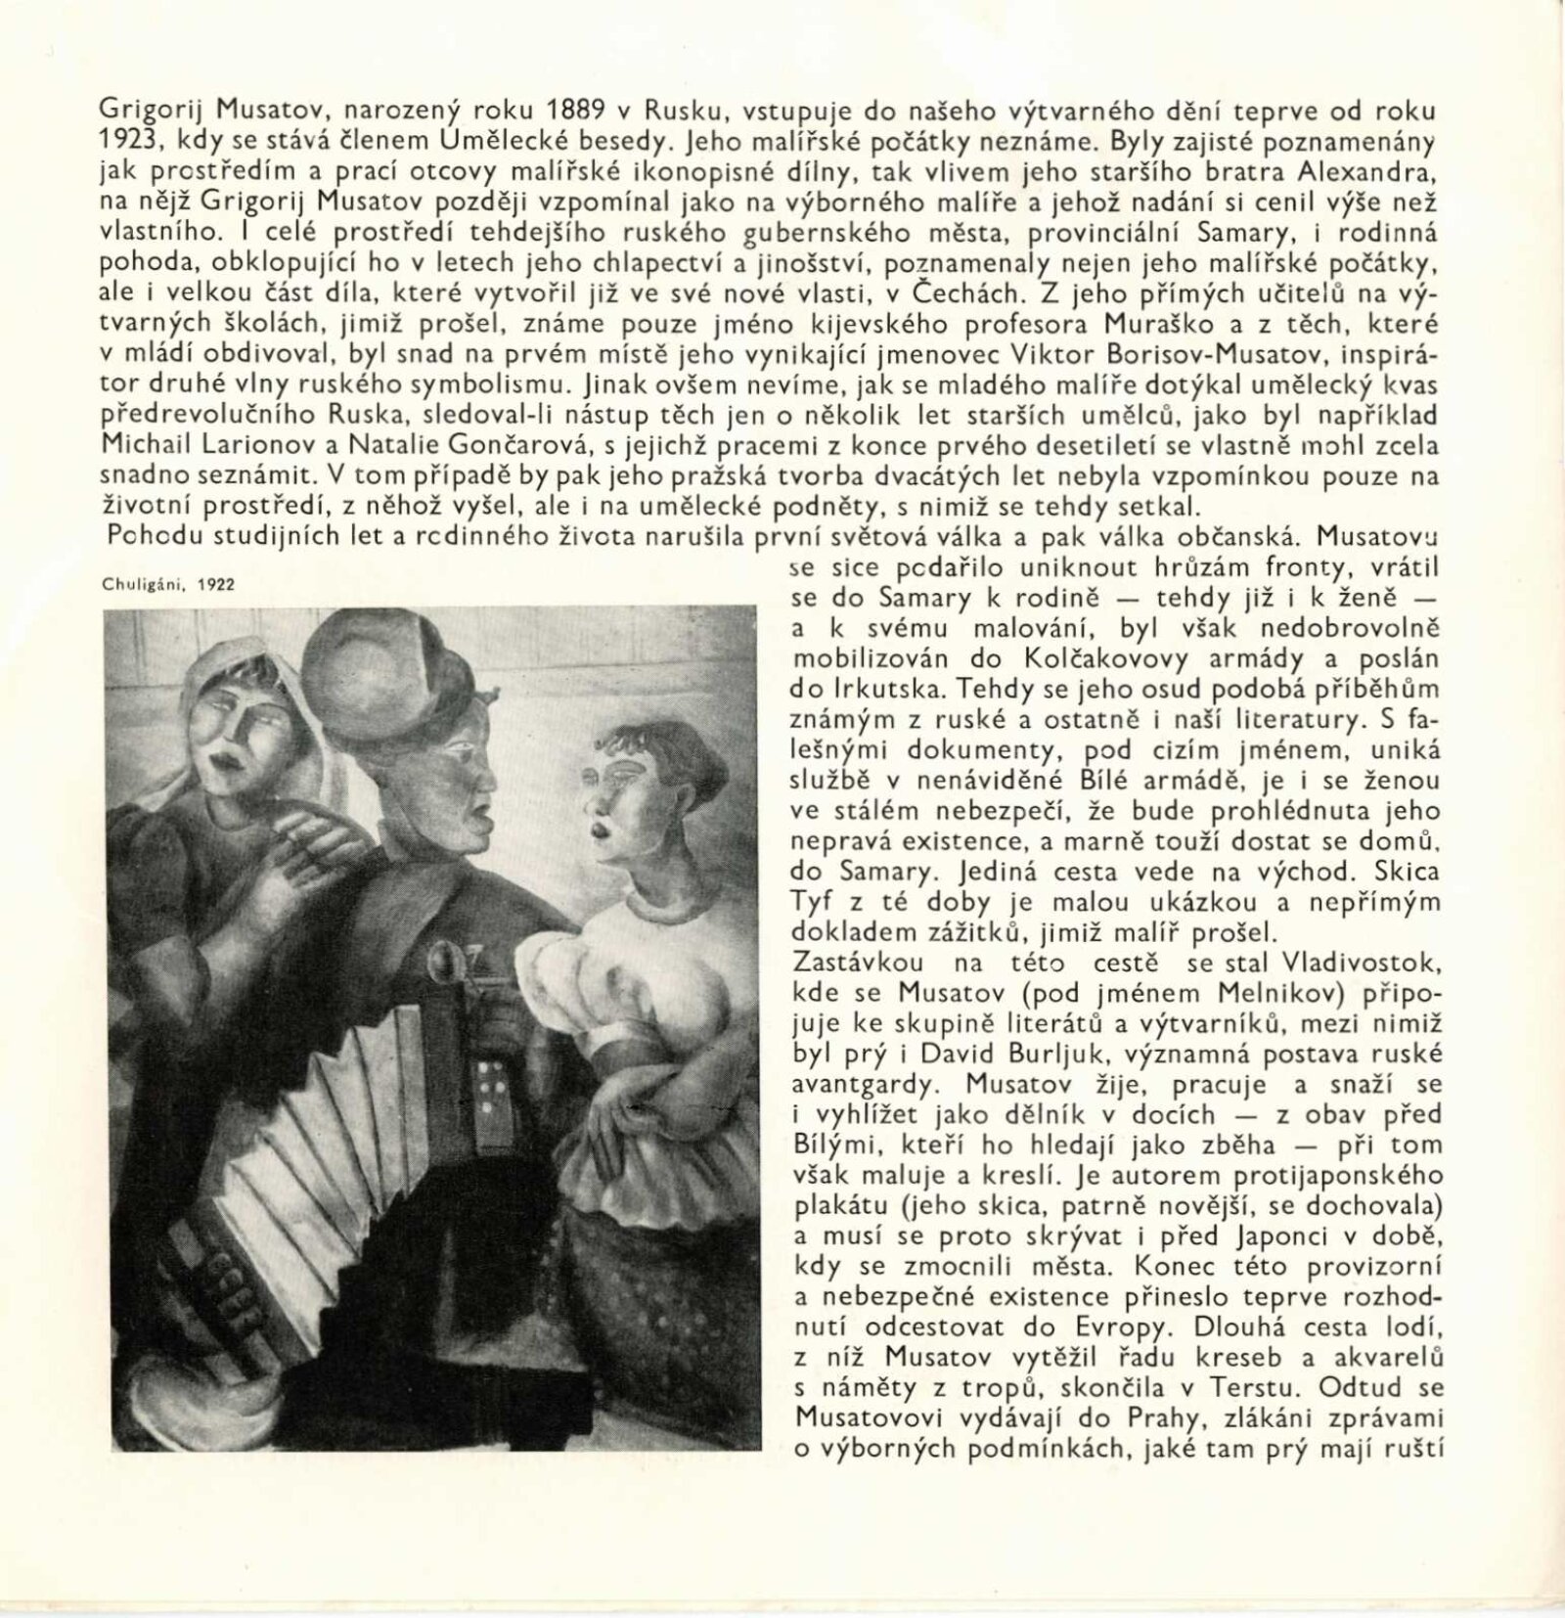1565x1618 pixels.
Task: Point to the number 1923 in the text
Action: click(x=127, y=140)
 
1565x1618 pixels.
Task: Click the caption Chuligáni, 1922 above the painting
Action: click(x=168, y=584)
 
